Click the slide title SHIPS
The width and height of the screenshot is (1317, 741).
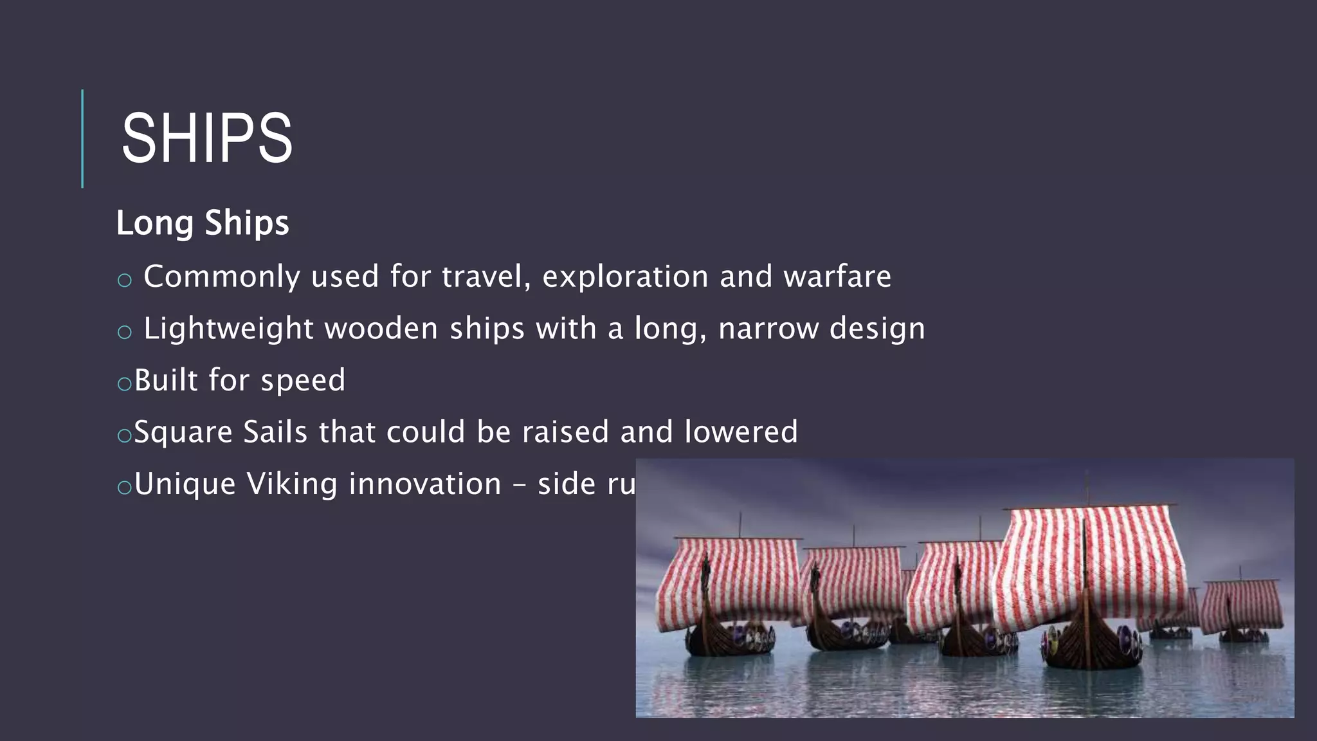pyautogui.click(x=206, y=138)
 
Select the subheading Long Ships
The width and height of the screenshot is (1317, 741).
pyautogui.click(x=203, y=223)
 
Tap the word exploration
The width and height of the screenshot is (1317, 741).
pyautogui.click(x=625, y=277)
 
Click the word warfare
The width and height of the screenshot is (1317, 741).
pyautogui.click(x=837, y=277)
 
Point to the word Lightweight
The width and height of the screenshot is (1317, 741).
pyautogui.click(x=228, y=329)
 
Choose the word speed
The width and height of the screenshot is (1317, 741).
pyautogui.click(x=303, y=381)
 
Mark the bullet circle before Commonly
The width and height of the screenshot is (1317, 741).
pyautogui.click(x=125, y=280)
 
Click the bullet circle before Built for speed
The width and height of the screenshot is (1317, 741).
pyautogui.click(x=125, y=384)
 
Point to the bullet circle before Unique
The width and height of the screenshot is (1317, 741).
pyautogui.click(x=125, y=488)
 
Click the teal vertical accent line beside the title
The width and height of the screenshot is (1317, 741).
pyautogui.click(x=82, y=138)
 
